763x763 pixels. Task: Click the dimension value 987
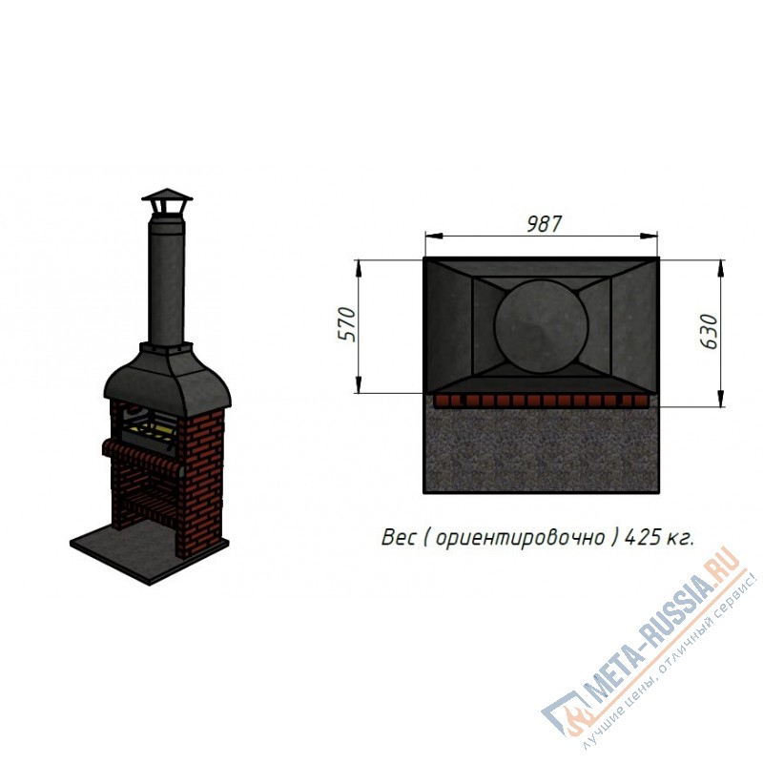(x=544, y=224)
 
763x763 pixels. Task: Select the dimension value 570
(x=347, y=324)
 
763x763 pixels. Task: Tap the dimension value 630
(x=709, y=331)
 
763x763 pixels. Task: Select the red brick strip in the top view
(x=541, y=401)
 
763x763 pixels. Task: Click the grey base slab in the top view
(x=541, y=450)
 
